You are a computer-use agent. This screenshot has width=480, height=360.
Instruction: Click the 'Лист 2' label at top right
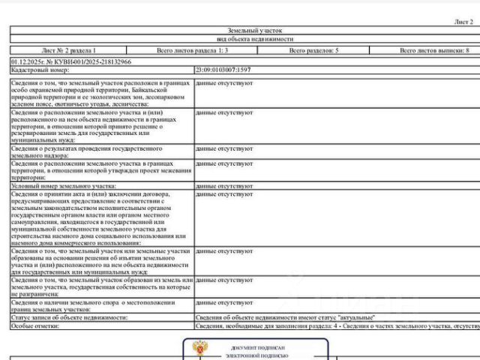(x=463, y=22)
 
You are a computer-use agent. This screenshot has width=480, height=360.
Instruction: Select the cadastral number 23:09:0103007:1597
(x=223, y=69)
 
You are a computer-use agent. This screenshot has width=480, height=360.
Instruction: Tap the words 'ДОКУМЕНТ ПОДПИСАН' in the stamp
(x=258, y=349)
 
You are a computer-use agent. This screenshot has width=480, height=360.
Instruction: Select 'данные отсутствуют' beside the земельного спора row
(x=223, y=302)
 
